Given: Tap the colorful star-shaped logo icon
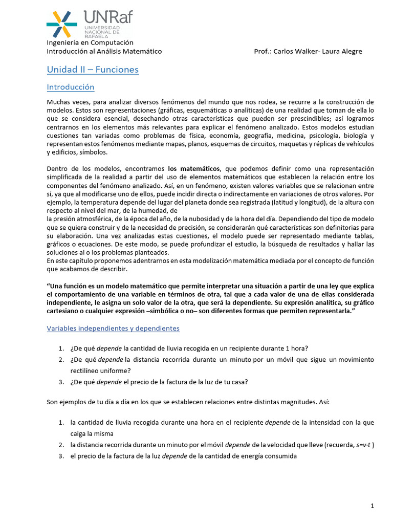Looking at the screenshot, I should pyautogui.click(x=61, y=24).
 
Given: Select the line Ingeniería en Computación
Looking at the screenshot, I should pyautogui.click(x=90, y=42).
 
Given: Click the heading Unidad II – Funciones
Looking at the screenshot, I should pyautogui.click(x=93, y=69).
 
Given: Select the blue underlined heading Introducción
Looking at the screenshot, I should pyautogui.click(x=71, y=87).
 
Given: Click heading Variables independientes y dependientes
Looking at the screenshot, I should pyautogui.click(x=113, y=328).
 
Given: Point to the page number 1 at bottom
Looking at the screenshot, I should pyautogui.click(x=373, y=506).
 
